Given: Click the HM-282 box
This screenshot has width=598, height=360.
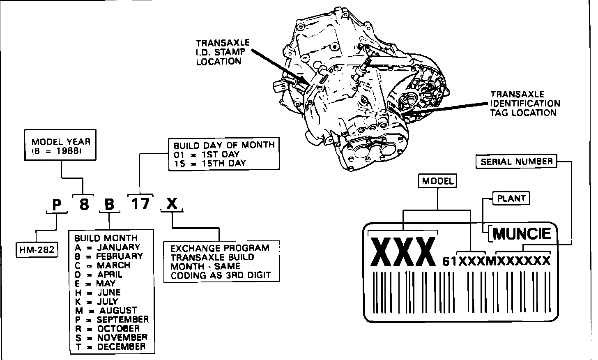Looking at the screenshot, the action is point(37,250).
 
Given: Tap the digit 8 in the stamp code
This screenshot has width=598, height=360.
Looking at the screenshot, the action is point(84,204).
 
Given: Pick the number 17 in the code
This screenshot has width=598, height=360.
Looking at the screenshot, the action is point(140,203).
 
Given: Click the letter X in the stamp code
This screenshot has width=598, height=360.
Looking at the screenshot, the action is point(172,203).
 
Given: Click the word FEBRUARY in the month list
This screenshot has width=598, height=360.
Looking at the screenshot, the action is point(120,256).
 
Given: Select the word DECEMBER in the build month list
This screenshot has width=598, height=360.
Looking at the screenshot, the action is point(121,346).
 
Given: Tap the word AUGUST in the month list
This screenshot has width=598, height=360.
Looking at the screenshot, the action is point(118,310).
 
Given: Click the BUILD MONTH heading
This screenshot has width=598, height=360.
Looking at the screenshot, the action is point(106,238).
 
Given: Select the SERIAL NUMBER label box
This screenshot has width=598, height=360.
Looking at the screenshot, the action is point(517,162).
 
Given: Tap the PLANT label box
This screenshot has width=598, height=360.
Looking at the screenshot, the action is point(511,198).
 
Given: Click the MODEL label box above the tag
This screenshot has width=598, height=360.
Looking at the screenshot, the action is point(438,181).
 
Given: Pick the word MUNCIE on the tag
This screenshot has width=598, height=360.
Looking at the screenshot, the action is point(522,234).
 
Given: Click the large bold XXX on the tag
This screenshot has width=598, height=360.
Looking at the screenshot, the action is point(403,251).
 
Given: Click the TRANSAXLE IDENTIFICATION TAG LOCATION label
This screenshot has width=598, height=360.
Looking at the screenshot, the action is point(525,104).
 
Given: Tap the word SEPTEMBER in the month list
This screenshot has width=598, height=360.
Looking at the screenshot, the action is point(122,319).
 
